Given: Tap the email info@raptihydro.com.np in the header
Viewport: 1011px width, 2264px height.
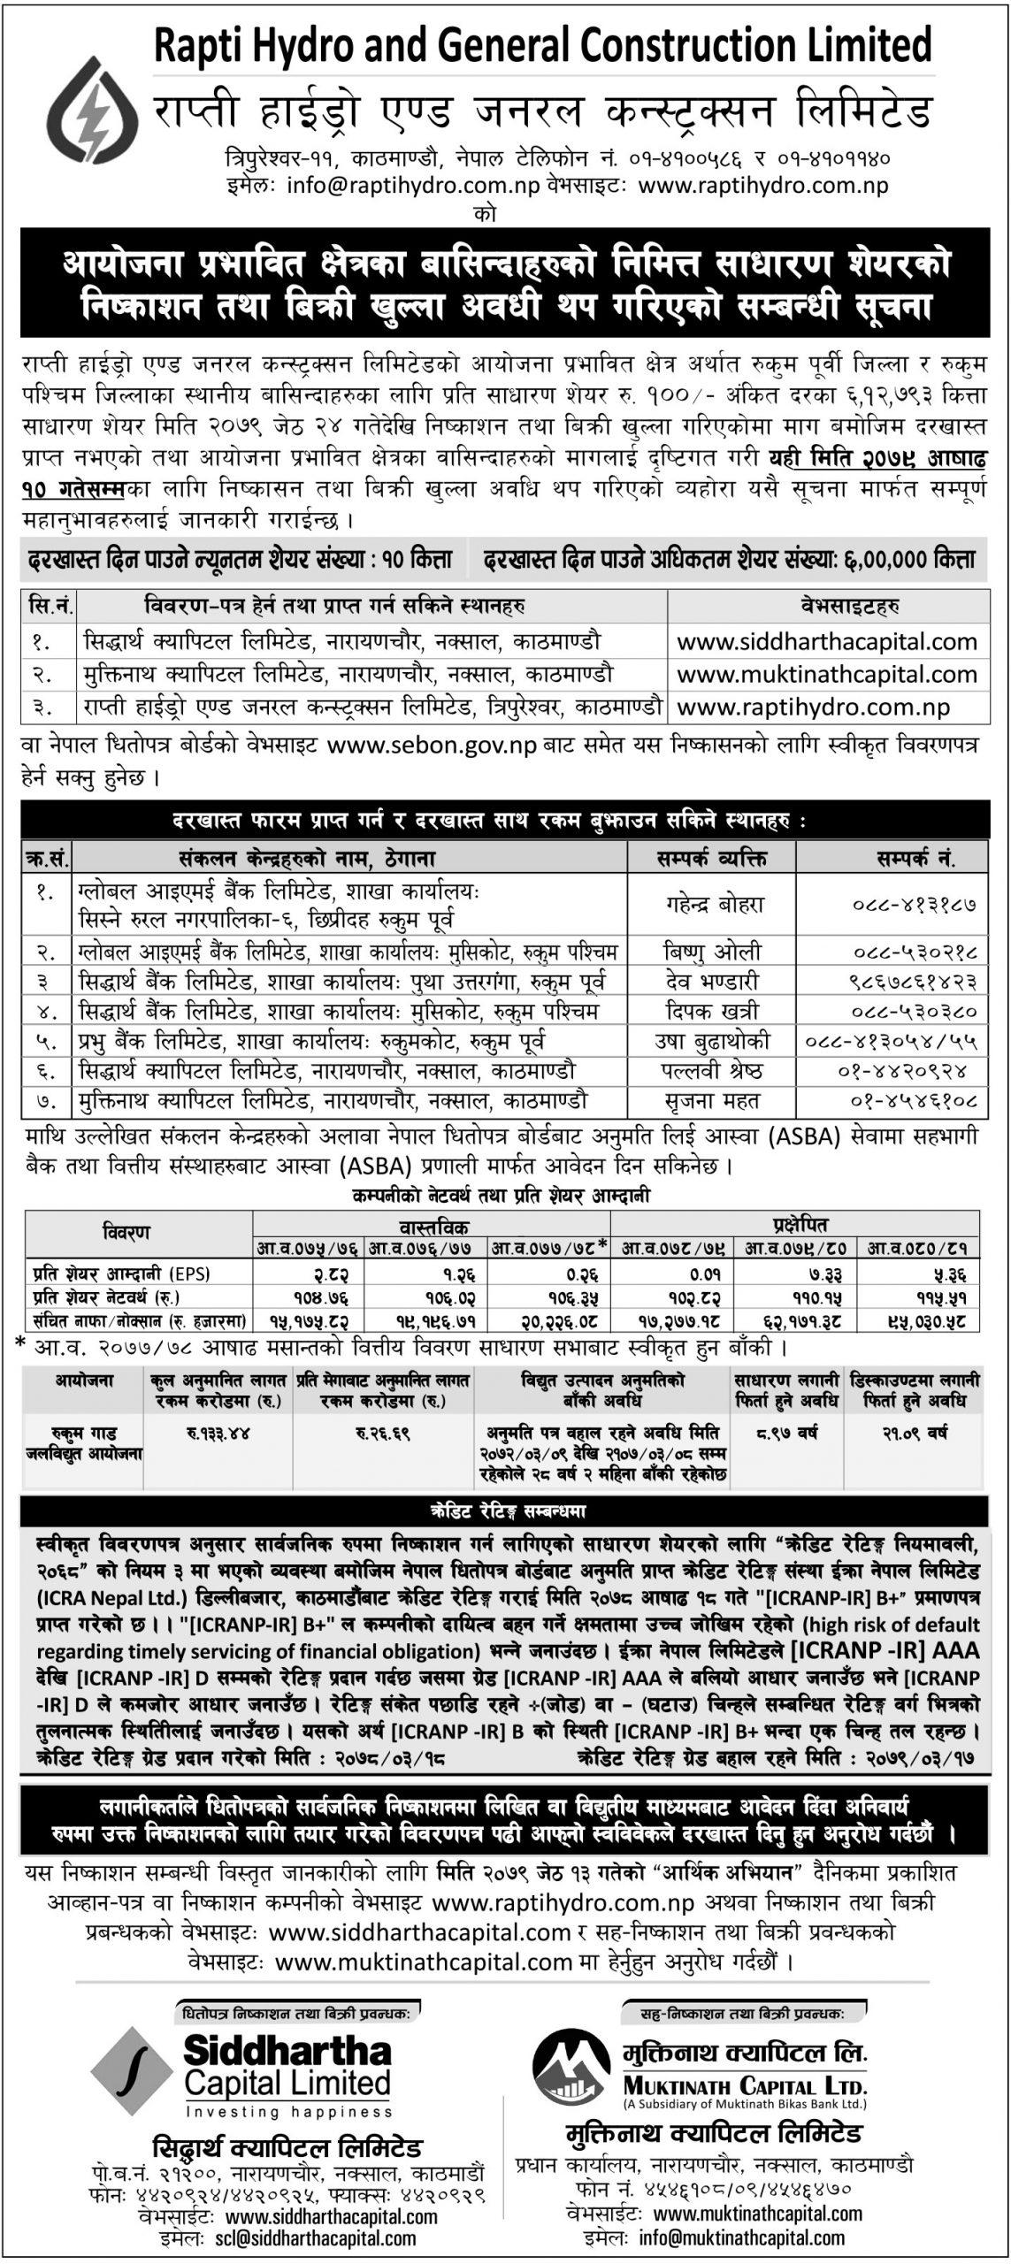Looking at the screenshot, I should pyautogui.click(x=411, y=186).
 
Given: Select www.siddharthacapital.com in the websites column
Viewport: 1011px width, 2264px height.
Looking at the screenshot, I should pyautogui.click(x=827, y=641).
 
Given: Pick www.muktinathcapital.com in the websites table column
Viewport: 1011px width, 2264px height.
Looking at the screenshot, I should pyautogui.click(x=827, y=675).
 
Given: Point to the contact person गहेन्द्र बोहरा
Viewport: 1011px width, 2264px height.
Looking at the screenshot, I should pyautogui.click(x=713, y=905).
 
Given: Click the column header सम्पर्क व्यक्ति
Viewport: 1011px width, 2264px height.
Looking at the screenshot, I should pyautogui.click(x=712, y=857).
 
